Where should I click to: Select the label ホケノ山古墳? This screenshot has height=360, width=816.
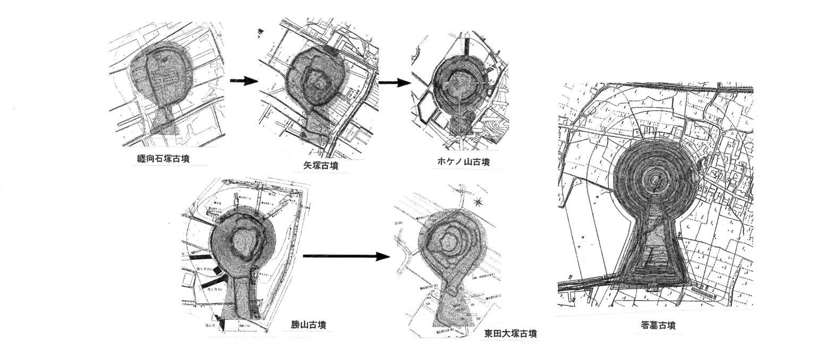[x=461, y=162]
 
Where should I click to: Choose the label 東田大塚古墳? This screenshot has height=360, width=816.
[x=510, y=333]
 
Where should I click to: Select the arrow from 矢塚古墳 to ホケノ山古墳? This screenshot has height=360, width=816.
[x=395, y=83]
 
